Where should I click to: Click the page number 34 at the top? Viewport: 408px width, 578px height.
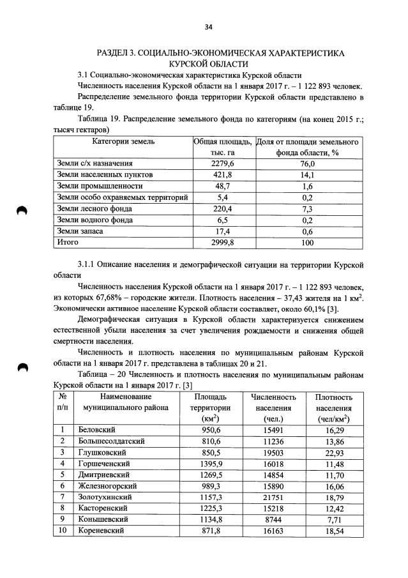coord(208,26)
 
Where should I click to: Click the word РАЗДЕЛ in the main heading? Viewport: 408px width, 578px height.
coord(115,52)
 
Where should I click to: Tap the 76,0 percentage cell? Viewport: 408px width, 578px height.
coord(308,164)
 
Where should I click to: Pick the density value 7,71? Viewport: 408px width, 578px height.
coord(333,519)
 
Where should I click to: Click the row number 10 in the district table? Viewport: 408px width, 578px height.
coord(63,531)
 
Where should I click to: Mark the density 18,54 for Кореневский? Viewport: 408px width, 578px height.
coord(333,531)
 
